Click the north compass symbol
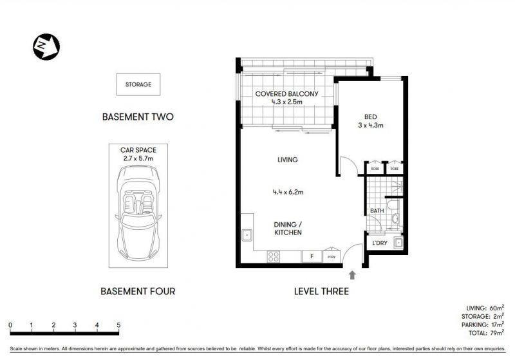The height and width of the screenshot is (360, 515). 46,47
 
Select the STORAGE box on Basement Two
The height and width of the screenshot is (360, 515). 138,84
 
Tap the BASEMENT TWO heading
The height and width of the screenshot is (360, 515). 138,117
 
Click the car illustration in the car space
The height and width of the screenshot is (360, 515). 138,213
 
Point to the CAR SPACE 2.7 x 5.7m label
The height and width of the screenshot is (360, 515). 138,154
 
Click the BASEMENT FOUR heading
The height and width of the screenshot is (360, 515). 138,291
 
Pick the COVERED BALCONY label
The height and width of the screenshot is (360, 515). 286,94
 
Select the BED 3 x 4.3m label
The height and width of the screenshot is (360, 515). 371,121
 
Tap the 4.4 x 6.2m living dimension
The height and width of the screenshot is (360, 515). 288,192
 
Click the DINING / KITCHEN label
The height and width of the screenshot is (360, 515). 288,228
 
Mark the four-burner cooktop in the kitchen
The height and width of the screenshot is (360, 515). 274,256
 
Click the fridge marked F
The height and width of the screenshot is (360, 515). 312,256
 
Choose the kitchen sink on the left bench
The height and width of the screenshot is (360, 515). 247,235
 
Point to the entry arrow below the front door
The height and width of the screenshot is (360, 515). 352,275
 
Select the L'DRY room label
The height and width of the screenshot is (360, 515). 380,243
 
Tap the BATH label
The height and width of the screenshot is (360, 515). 377,211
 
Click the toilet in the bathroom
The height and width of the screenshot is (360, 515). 393,205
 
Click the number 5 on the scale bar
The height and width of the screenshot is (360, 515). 118,325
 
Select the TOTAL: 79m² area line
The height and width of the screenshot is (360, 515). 487,333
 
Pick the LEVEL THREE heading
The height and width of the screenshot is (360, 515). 321,291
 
